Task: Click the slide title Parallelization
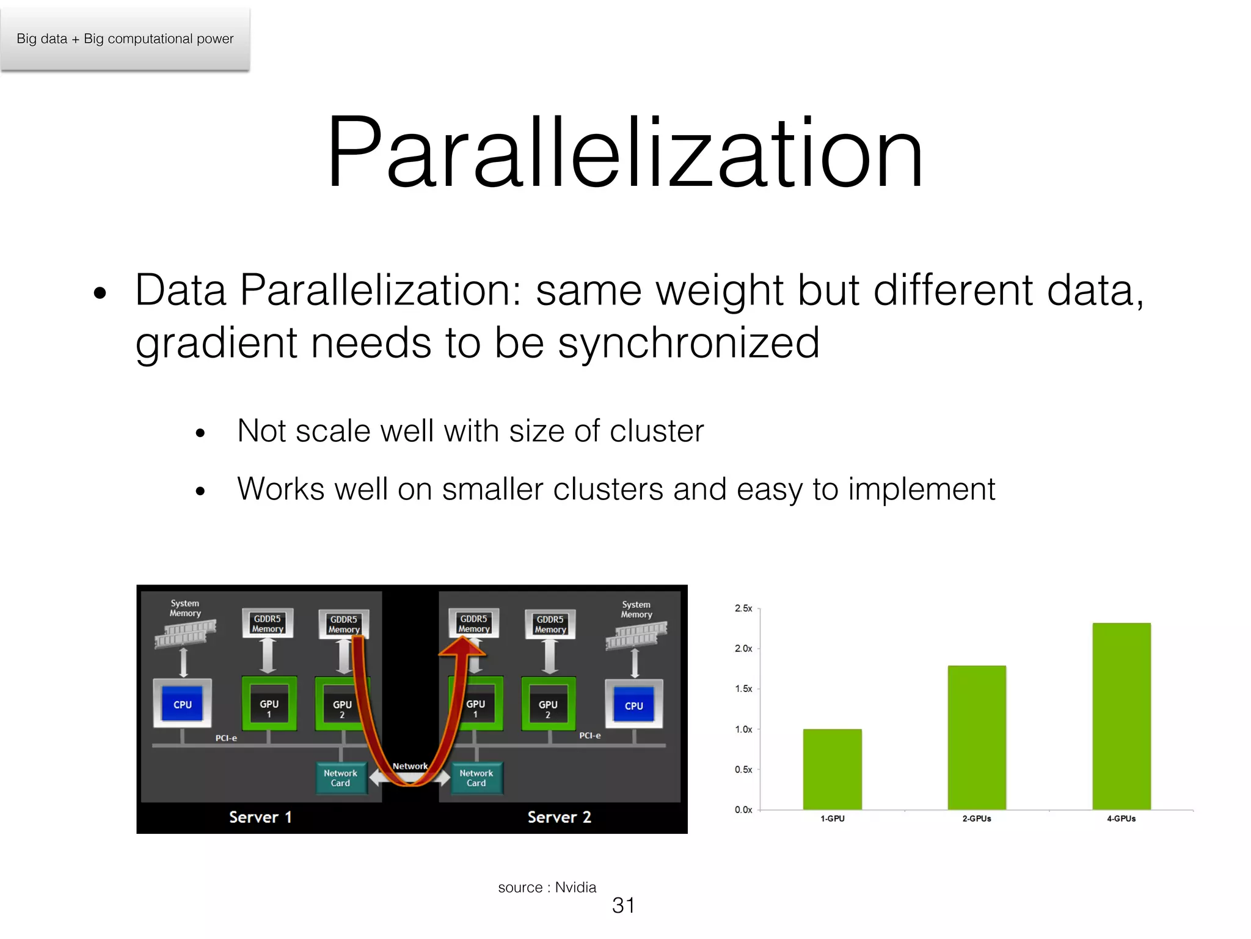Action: coord(625,153)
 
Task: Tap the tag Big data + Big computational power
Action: coord(125,39)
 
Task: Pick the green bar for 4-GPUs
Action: coord(1121,715)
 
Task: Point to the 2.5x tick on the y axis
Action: coord(743,608)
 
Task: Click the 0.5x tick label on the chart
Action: coord(743,770)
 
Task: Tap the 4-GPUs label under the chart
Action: coord(1121,819)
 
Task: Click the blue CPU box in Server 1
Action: coord(182,705)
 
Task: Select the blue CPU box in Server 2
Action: coord(633,706)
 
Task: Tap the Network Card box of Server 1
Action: coord(341,778)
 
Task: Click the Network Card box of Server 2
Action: coord(476,778)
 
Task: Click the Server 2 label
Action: coord(559,817)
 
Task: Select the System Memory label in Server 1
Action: coord(185,608)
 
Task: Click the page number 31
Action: coord(623,905)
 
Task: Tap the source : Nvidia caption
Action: coord(547,888)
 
